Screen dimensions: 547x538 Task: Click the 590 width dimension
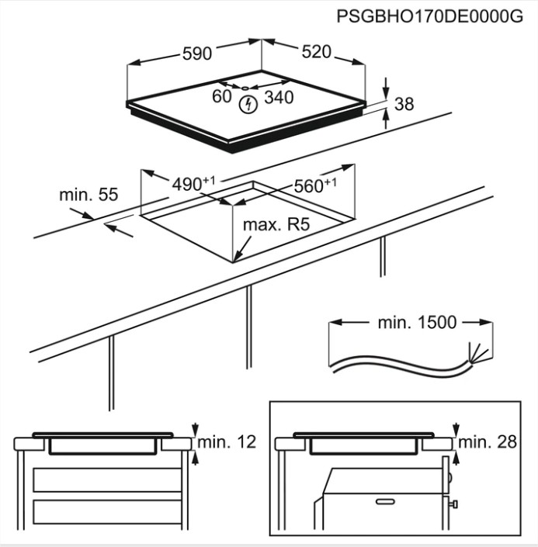196,54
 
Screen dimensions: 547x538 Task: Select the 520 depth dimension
316,52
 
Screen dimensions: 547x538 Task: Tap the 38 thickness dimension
404,103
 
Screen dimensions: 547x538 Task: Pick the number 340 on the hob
279,97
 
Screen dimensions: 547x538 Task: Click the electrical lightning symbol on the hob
248,103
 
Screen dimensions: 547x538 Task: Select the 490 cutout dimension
189,184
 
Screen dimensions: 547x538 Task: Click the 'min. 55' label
89,195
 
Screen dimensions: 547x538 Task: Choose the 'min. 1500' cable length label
417,322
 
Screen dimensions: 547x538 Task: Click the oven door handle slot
385,502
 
